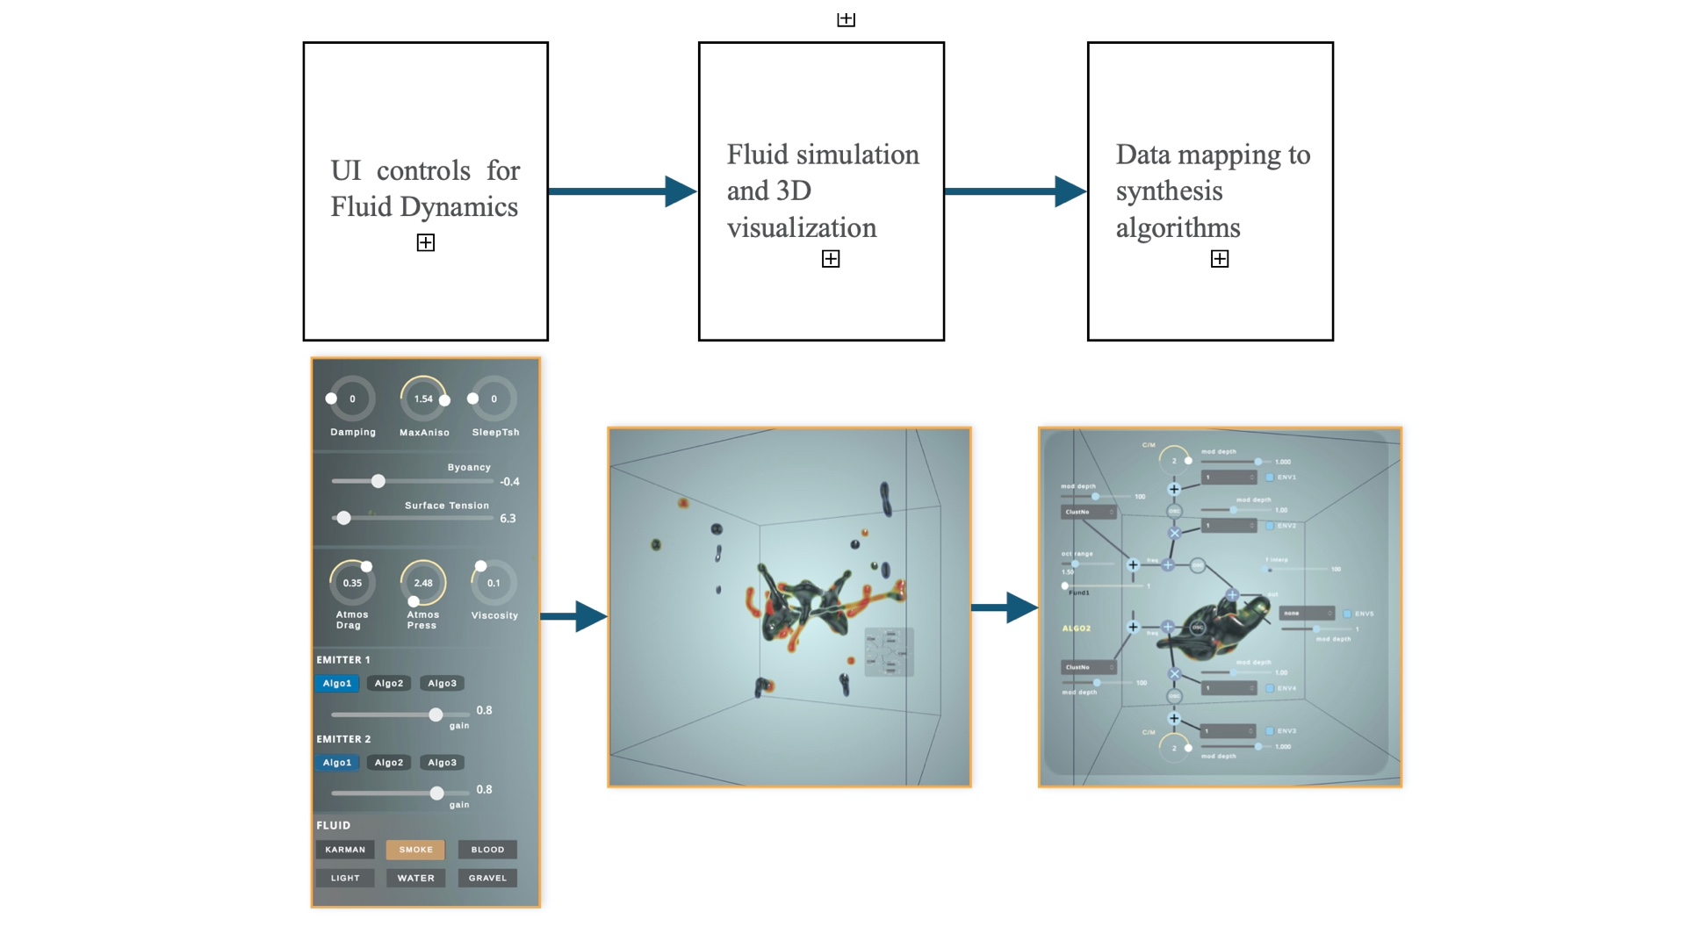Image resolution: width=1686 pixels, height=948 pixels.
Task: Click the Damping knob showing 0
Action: [352, 399]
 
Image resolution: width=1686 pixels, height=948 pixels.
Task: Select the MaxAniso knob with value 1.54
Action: [423, 399]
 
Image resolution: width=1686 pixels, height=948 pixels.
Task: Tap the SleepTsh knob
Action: [494, 399]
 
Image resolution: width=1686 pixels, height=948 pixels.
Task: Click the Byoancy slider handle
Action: [378, 481]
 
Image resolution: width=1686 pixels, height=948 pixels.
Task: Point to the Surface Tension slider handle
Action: [344, 518]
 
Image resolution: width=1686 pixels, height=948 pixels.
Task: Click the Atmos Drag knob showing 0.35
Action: [352, 583]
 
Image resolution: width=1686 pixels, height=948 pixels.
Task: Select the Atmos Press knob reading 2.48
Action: [423, 583]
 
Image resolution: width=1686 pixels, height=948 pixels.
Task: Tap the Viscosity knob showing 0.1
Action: [494, 583]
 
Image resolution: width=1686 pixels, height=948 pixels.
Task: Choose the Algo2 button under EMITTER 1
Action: [389, 683]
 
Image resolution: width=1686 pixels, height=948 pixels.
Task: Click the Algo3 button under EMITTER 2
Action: [442, 763]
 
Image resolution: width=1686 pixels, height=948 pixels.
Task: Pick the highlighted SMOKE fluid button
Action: [415, 850]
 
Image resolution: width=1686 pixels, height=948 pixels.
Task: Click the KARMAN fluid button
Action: [345, 850]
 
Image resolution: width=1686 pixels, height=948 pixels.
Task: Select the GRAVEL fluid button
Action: [487, 878]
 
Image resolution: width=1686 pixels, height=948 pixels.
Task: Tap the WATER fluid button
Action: [415, 878]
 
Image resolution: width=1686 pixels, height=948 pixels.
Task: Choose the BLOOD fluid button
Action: [487, 850]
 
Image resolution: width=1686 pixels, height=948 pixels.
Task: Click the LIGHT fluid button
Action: [345, 878]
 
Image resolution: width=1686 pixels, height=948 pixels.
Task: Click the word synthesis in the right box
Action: [1169, 191]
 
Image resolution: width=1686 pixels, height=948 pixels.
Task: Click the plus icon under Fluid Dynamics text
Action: [426, 243]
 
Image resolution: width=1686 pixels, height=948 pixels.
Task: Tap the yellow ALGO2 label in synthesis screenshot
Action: [1076, 628]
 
